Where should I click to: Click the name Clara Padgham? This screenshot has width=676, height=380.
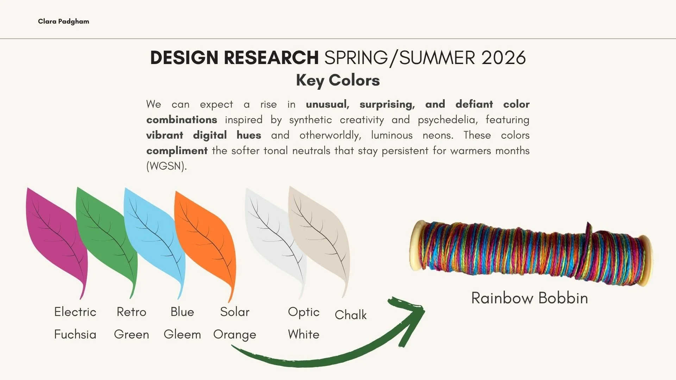coord(63,21)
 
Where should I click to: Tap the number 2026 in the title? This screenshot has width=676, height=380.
coord(503,58)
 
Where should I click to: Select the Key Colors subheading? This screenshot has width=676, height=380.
coord(338,80)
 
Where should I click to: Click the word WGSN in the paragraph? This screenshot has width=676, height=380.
coord(165,166)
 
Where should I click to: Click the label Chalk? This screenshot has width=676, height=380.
coord(351,315)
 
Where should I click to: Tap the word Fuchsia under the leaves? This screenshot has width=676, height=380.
coord(75,334)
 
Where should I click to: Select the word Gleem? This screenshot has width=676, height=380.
coord(182,334)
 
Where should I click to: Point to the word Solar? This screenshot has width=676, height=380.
coord(234,312)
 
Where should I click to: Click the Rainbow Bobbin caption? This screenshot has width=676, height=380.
coord(530,298)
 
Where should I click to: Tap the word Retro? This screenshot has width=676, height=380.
coord(131,312)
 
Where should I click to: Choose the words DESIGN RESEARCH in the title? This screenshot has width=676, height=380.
coord(234,58)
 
